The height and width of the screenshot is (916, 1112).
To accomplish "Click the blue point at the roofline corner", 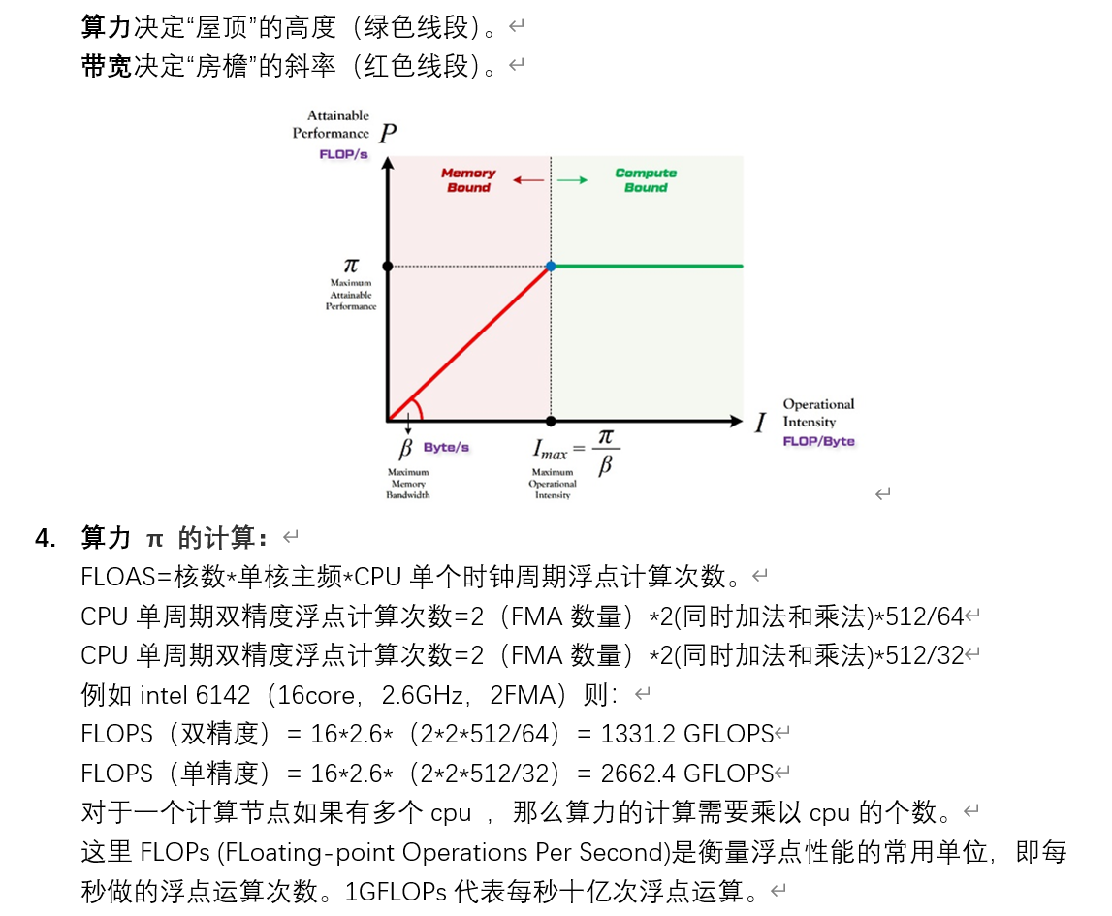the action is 551,266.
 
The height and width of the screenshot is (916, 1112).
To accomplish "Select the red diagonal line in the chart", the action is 469,342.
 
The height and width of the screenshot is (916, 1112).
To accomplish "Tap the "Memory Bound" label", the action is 468,180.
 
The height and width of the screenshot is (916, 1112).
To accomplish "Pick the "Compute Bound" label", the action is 646,180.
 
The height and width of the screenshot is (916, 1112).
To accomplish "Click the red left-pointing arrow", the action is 528,180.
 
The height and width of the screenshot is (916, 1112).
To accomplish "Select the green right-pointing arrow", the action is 572,180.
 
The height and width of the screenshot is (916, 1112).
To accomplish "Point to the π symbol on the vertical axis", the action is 351,265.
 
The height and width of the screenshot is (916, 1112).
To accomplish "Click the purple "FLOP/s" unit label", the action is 343,154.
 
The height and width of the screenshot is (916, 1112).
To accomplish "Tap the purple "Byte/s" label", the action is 446,448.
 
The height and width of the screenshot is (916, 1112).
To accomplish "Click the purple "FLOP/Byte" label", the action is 819,441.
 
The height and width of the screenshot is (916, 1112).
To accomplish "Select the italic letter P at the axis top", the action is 387,133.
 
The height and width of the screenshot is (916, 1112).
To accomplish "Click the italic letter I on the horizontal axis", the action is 761,423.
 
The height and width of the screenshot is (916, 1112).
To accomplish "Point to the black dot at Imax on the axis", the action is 551,421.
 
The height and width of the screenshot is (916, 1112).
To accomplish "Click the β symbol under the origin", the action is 406,449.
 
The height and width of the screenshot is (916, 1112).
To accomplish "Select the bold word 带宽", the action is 106,66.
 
